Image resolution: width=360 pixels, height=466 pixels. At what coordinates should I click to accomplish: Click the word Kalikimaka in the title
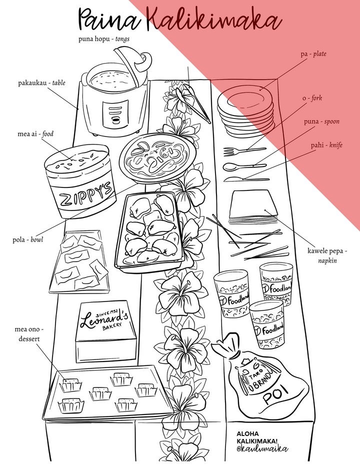coord(215,21)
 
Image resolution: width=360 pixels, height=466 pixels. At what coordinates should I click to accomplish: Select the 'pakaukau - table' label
coord(42,83)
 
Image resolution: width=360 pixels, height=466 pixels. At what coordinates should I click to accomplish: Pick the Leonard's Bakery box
coord(106,330)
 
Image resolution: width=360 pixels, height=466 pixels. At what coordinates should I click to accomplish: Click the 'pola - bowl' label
coord(28,239)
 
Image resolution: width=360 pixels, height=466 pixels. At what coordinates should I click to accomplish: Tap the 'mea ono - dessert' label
coord(29,334)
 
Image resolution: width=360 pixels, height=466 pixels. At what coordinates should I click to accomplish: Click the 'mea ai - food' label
coord(35,134)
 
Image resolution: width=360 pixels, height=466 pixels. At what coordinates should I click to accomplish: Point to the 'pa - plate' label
coord(313,53)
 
